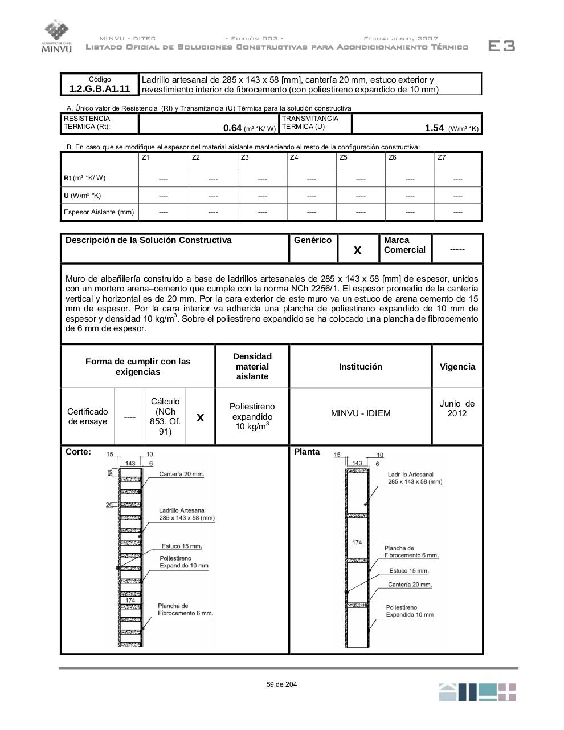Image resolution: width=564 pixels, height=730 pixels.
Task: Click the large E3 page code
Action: [x=501, y=47]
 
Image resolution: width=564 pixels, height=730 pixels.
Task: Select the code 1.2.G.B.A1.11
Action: [x=100, y=88]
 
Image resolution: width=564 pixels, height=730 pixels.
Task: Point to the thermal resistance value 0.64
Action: [x=232, y=128]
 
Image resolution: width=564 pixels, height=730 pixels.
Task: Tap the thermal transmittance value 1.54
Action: [x=434, y=128]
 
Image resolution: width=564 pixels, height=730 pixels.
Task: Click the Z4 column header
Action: [x=294, y=157]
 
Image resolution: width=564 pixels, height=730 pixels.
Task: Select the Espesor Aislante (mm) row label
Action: [x=99, y=212]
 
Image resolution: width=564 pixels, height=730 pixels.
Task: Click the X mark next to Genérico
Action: [x=358, y=250]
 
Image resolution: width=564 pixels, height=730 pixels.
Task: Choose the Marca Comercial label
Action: [x=404, y=245]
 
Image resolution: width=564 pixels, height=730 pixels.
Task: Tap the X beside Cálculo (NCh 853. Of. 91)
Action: [x=200, y=417]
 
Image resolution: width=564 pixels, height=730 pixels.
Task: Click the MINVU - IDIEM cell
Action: [x=361, y=413]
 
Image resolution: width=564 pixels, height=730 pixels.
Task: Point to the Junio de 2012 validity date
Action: [x=457, y=408]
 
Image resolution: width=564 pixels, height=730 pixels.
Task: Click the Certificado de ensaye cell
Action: [x=88, y=416]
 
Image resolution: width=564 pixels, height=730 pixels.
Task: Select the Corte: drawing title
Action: [x=78, y=452]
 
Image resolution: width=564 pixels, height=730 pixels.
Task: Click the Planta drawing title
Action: [x=307, y=452]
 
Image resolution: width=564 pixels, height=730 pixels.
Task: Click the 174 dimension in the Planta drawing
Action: [x=357, y=542]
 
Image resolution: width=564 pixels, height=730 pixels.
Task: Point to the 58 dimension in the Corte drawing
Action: [x=111, y=473]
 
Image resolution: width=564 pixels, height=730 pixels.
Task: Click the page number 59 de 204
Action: [x=281, y=684]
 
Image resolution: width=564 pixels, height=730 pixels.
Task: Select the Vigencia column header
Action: [x=457, y=367]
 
